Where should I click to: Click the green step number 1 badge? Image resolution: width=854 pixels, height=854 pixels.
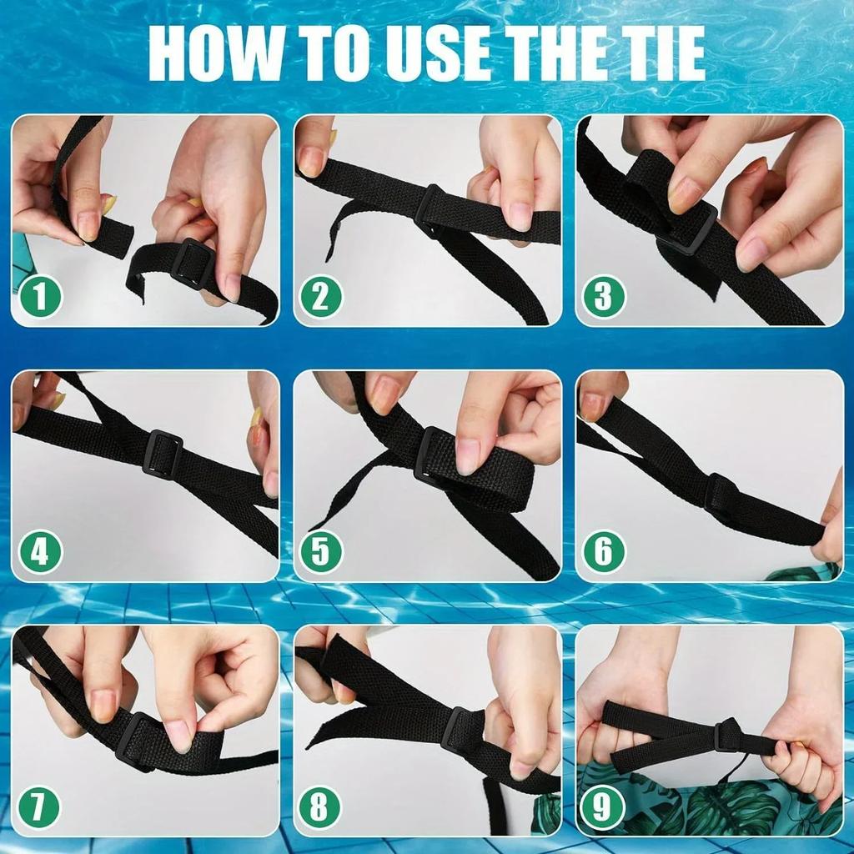(39, 297)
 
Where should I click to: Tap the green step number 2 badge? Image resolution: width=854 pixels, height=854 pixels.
(321, 297)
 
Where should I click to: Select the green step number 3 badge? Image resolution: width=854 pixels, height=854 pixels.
(603, 297)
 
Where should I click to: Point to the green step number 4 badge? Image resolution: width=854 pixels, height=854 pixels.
(39, 551)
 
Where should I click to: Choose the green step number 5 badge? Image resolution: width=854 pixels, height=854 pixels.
(321, 551)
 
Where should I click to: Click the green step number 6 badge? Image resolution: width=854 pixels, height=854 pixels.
(603, 551)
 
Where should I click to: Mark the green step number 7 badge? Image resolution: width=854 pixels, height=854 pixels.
(39, 806)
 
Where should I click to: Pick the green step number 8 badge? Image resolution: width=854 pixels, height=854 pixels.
(321, 806)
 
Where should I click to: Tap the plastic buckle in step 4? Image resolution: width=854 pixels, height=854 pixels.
(163, 451)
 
